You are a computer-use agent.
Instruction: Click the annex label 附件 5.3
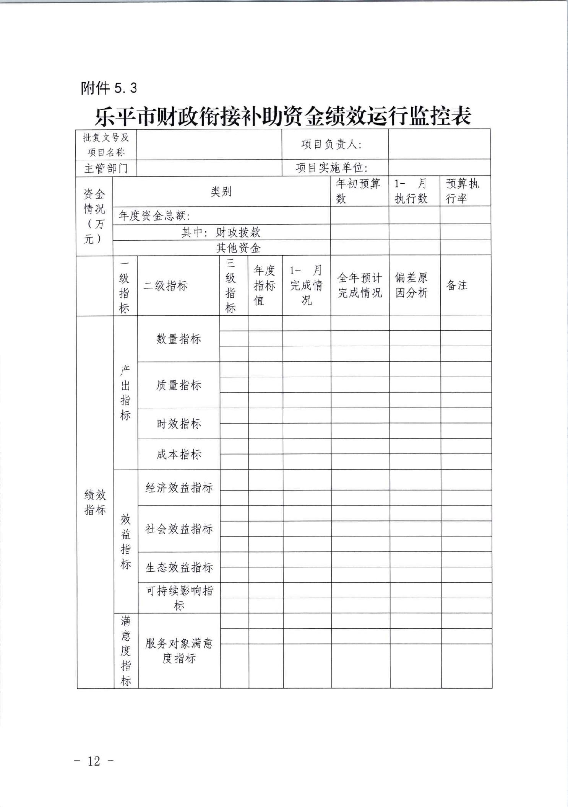point(109,88)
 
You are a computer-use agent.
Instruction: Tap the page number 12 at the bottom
point(94,761)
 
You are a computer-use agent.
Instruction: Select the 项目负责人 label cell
point(331,144)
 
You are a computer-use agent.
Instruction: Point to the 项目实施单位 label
point(331,168)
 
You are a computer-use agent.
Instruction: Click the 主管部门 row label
point(106,168)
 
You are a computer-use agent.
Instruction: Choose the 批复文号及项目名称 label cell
point(106,145)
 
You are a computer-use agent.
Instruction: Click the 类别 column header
point(221,191)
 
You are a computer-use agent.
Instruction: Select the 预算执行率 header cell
point(462,191)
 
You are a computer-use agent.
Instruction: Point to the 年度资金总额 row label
point(154,216)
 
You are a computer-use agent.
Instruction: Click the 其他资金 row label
point(238,248)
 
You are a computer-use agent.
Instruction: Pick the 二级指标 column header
point(166,285)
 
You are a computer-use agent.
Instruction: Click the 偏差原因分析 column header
point(411,285)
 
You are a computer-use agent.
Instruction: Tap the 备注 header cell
point(457,285)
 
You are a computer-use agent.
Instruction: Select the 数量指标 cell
point(179,339)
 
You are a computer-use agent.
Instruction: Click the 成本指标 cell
point(179,454)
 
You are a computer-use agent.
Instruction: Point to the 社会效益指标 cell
point(179,529)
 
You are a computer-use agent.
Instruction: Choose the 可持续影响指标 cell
point(179,598)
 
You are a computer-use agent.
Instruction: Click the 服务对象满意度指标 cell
point(179,650)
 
